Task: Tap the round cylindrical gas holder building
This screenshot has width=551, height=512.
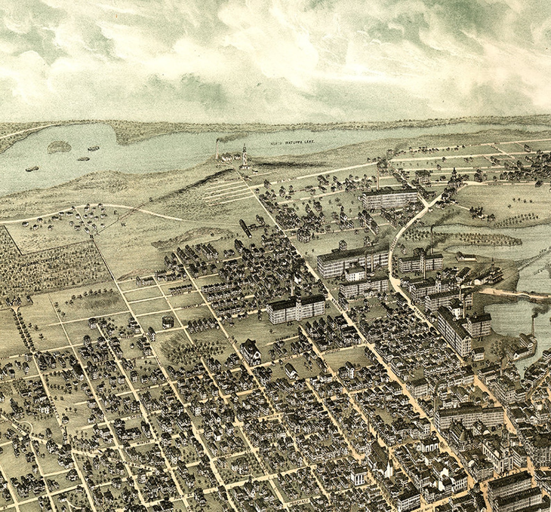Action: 167,321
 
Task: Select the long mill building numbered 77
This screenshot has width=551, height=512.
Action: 389,199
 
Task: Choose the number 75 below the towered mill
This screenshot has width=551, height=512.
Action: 289,324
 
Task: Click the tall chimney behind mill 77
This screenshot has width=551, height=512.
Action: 379,172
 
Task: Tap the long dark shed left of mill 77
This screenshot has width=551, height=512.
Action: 246,227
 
